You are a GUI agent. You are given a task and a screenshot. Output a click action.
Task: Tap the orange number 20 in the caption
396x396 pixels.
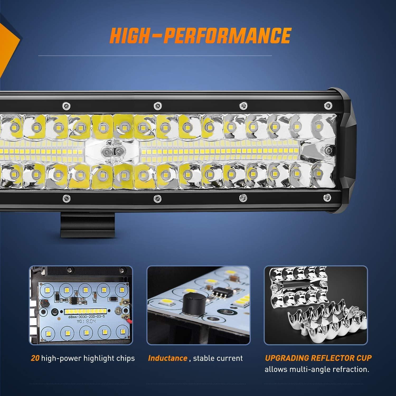click(35, 358)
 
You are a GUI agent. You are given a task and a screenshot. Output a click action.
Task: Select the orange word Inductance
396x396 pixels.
click(167, 358)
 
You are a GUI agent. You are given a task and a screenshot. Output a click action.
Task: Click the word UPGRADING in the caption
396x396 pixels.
click(287, 358)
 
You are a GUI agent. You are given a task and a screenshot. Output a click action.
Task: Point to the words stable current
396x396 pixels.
click(218, 358)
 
